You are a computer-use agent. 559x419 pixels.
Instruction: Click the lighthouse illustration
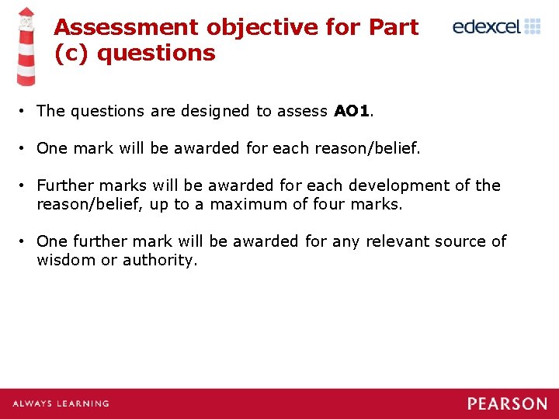coord(26,47)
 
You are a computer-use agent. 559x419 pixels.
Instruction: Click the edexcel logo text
coord(487,27)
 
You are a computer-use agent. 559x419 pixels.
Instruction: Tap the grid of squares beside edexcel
coord(533,26)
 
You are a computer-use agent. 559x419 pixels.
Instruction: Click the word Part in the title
coord(394,27)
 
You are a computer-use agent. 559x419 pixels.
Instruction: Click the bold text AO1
coord(351,111)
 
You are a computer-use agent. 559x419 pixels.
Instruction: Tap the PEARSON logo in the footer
coord(507,403)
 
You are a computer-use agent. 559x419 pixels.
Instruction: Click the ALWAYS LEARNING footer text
coord(61,403)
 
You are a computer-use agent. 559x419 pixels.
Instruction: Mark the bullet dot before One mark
coord(25,148)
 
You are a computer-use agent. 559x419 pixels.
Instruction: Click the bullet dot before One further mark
coord(25,241)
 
